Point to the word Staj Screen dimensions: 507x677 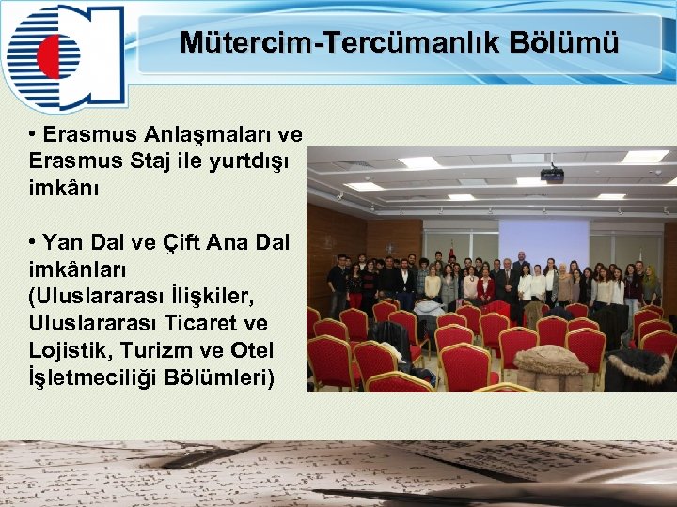tap(156, 161)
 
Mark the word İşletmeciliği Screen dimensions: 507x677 tap(92, 378)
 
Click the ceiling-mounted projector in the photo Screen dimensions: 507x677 tap(552, 174)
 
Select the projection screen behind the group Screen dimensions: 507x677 tap(543, 242)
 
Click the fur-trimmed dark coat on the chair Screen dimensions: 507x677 tap(638, 369)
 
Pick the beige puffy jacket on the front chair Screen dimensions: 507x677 tap(551, 367)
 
